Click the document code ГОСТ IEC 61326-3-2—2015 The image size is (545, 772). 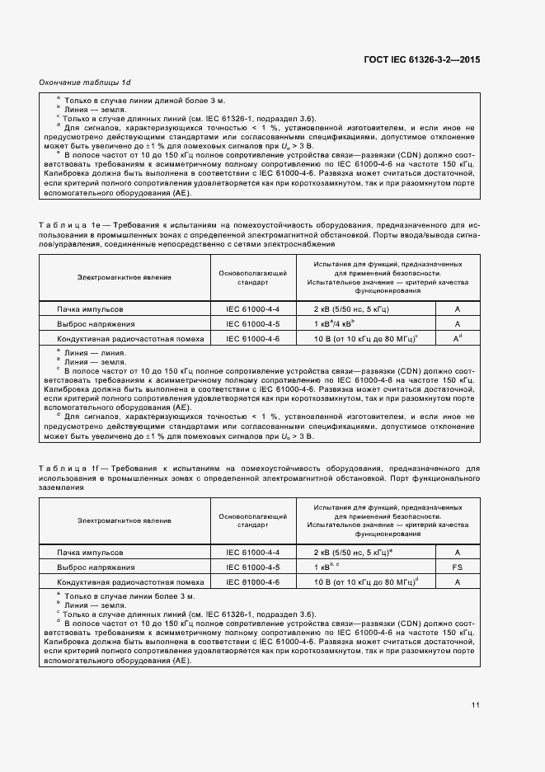pyautogui.click(x=421, y=59)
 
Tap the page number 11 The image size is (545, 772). pyautogui.click(x=476, y=704)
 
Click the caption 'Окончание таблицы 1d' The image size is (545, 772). pyautogui.click(x=85, y=83)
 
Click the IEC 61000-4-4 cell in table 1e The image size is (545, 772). pyautogui.click(x=253, y=308)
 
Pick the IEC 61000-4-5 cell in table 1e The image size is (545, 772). pyautogui.click(x=253, y=323)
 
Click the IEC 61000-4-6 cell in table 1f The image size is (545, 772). pyautogui.click(x=253, y=582)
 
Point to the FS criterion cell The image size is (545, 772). pyautogui.click(x=457, y=567)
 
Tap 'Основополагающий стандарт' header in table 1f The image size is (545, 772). pyautogui.click(x=253, y=520)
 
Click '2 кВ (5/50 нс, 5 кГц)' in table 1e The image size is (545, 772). pyautogui.click(x=352, y=308)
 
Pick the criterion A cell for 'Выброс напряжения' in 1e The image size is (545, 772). pyautogui.click(x=457, y=323)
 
